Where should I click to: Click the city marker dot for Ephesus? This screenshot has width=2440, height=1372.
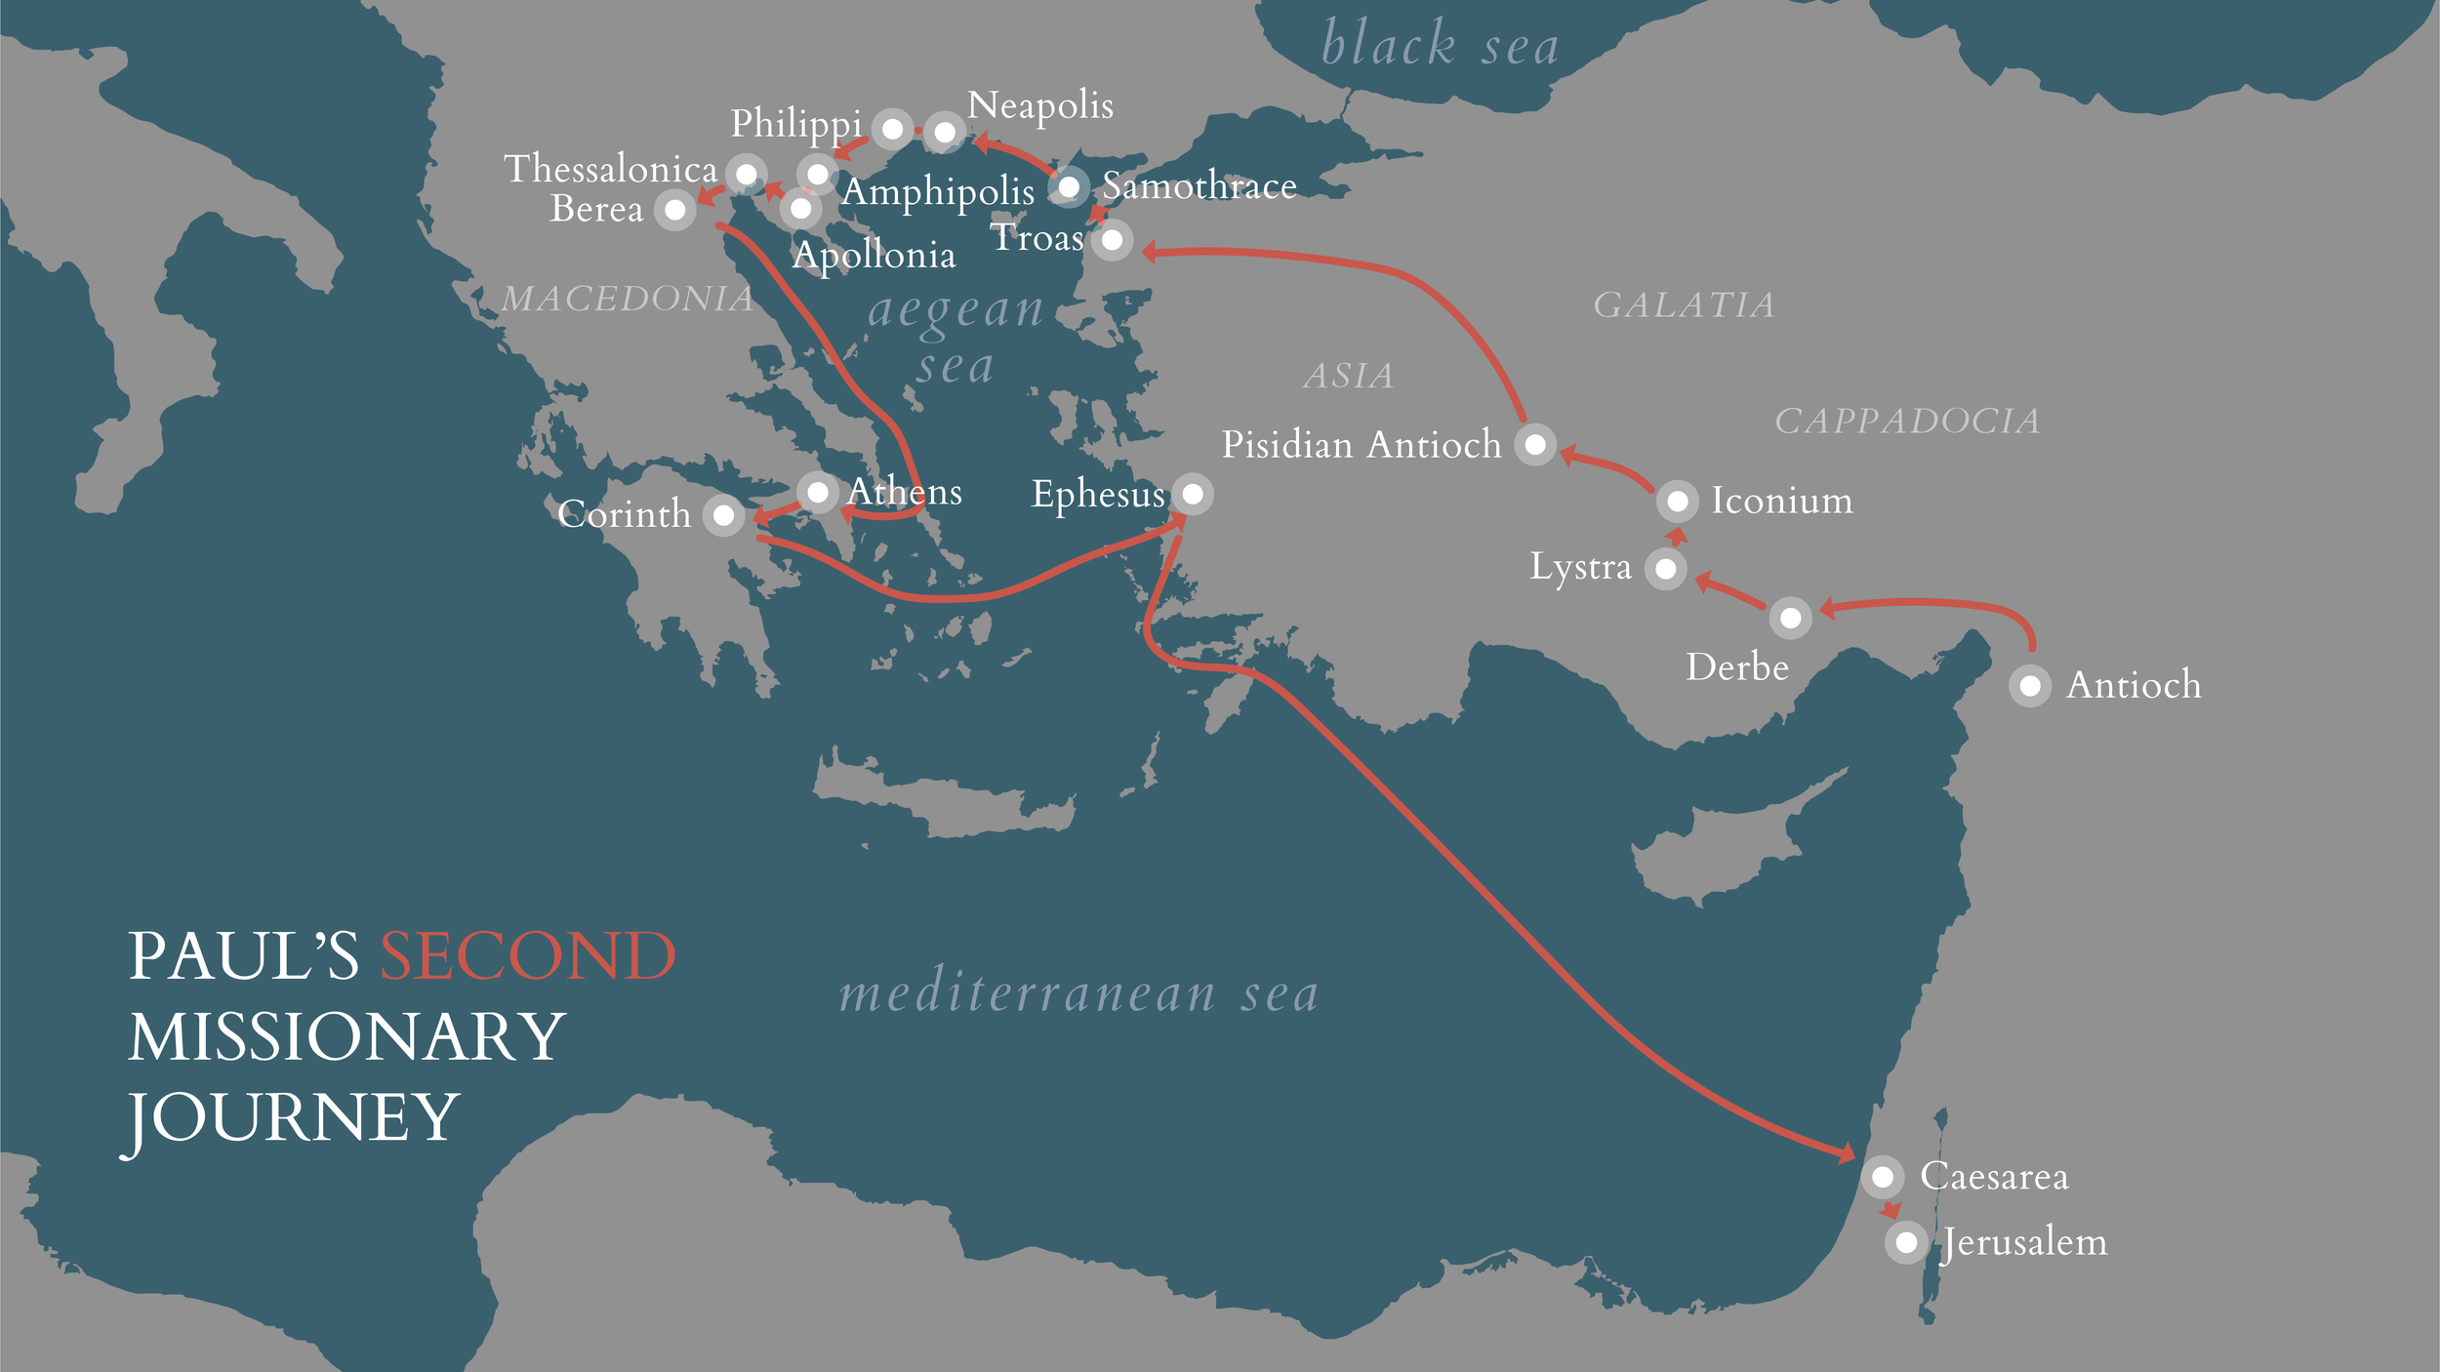pos(1192,494)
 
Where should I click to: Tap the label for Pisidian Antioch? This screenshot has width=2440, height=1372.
pos(1361,445)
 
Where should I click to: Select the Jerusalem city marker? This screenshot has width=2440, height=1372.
pos(1905,1242)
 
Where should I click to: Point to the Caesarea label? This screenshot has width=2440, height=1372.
pos(1993,1176)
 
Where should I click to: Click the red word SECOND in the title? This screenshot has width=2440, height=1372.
pos(527,956)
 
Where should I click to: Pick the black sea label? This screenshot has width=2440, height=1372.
pos(1439,45)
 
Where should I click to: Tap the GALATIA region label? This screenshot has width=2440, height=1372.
pos(1684,305)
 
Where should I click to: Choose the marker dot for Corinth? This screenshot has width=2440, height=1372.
pos(723,514)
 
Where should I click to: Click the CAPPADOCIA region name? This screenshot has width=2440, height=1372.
pos(1906,422)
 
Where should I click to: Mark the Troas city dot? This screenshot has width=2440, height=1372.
pos(1112,240)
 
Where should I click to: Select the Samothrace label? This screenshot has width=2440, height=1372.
pos(1199,185)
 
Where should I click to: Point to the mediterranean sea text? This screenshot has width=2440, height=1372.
pos(1078,994)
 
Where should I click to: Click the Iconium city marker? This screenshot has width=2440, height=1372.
pos(1677,502)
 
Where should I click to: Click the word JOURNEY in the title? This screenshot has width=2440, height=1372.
pos(293,1117)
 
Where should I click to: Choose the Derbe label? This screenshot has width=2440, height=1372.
pos(1736,667)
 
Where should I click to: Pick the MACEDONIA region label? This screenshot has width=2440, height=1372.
pos(627,299)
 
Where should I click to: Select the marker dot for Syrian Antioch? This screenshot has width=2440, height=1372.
pos(2029,686)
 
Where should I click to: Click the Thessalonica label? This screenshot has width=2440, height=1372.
pos(610,169)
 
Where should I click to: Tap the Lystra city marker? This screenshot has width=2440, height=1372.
pos(1665,568)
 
